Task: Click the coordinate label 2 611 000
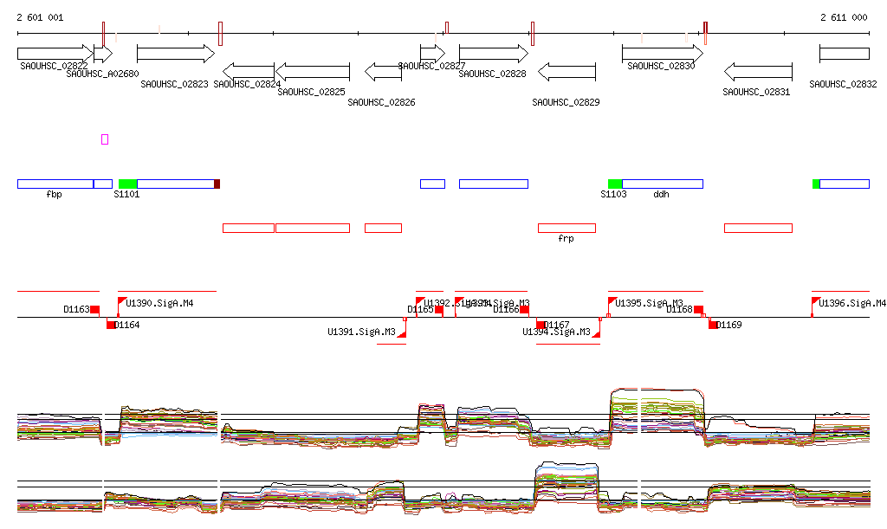(x=844, y=17)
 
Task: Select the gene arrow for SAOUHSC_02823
(x=175, y=54)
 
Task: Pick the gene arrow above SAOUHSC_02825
(x=312, y=71)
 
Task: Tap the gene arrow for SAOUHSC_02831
(x=758, y=71)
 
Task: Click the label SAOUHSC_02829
(x=566, y=102)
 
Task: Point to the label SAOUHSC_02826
(x=381, y=102)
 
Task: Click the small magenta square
(x=105, y=139)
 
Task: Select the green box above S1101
(x=127, y=184)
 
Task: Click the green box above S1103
(x=615, y=184)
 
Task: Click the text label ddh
(x=661, y=195)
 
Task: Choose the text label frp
(x=566, y=238)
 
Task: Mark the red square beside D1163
(x=95, y=310)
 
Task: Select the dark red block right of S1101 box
(x=217, y=184)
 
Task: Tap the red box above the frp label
(x=567, y=228)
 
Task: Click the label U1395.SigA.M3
(x=649, y=303)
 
